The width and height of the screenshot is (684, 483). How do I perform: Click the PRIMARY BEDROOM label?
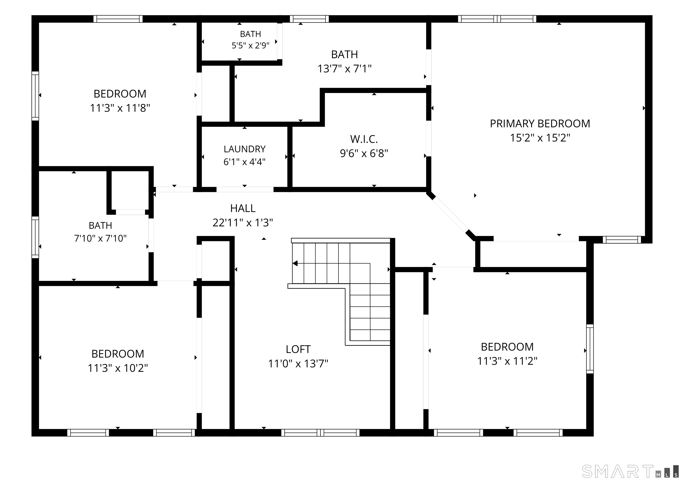(x=540, y=123)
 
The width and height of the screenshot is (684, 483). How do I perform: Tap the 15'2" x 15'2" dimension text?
(x=540, y=138)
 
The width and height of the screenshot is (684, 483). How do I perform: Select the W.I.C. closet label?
(x=364, y=139)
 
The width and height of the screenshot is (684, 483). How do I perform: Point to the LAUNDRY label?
(x=244, y=149)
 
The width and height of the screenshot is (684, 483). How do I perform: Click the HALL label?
(x=243, y=208)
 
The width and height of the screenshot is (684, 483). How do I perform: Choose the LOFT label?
(x=298, y=349)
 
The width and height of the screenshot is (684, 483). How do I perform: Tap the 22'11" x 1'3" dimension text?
(x=243, y=222)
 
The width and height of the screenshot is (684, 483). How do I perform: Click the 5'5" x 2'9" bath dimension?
(x=250, y=45)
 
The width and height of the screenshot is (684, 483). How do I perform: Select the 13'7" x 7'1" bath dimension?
(x=344, y=69)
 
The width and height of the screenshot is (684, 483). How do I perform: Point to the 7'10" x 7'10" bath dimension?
(x=100, y=238)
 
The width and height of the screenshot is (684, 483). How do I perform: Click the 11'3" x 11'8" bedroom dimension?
(x=120, y=108)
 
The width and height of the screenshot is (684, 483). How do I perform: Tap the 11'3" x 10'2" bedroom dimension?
(x=118, y=368)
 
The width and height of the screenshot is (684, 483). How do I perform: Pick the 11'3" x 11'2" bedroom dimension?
(x=507, y=361)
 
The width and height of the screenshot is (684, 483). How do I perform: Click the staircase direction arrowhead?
(x=295, y=263)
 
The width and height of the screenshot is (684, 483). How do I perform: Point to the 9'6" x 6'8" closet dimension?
(x=364, y=153)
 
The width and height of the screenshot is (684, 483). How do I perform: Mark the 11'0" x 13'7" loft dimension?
(x=298, y=363)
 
